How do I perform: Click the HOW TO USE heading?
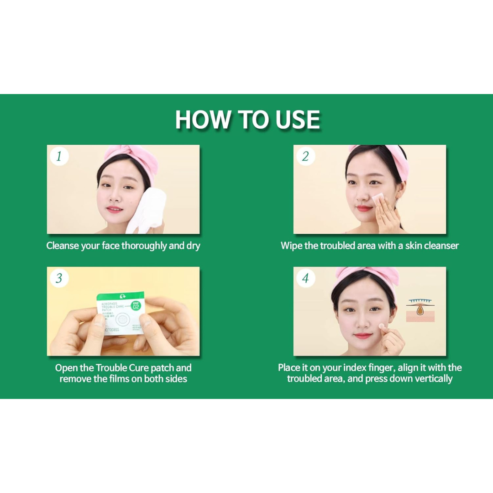pyautogui.click(x=247, y=120)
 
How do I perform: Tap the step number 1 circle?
pyautogui.click(x=59, y=157)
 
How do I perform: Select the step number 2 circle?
pyautogui.click(x=305, y=157)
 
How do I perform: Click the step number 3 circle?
pyautogui.click(x=59, y=278)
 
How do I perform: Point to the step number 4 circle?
pyautogui.click(x=305, y=278)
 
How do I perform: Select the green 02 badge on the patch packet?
pyautogui.click(x=136, y=306)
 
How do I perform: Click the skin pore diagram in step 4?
pyautogui.click(x=420, y=310)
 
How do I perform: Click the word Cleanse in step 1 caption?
pyautogui.click(x=63, y=246)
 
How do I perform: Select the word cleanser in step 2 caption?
pyautogui.click(x=441, y=246)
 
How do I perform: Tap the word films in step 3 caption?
pyautogui.click(x=121, y=379)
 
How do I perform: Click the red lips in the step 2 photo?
pyautogui.click(x=364, y=209)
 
